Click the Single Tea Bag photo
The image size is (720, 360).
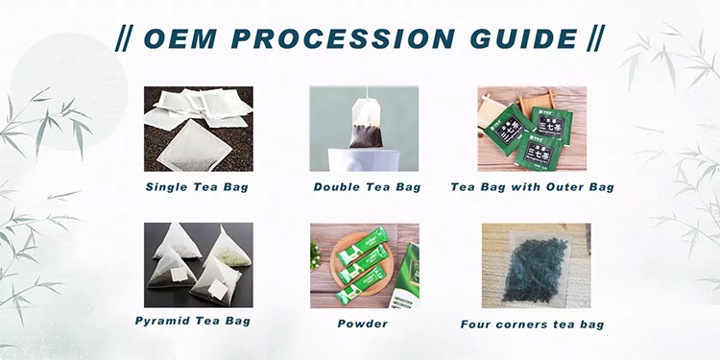tap(199, 129)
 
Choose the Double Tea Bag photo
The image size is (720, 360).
tap(364, 129)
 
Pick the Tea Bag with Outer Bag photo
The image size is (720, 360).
tap(532, 129)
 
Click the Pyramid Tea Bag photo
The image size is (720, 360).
tap(199, 265)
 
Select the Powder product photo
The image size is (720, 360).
tap(364, 265)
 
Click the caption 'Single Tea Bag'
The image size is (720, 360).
tap(197, 186)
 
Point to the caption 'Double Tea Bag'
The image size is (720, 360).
tap(364, 186)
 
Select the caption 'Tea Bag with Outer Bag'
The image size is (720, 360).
tap(532, 186)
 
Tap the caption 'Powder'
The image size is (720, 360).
tap(363, 324)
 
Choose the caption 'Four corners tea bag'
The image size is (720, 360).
tap(532, 324)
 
